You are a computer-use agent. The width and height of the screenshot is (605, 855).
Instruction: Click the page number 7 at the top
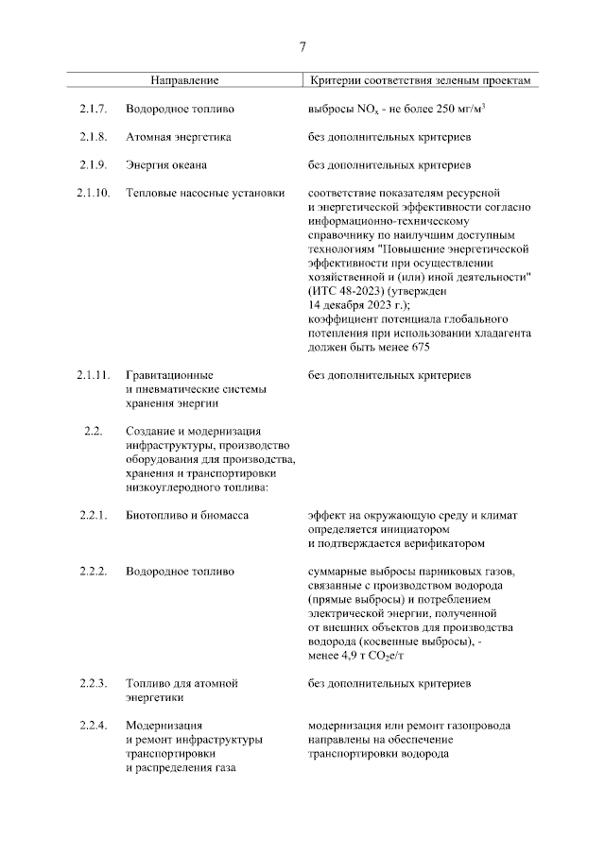point(302,47)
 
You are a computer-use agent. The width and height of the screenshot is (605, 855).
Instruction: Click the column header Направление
point(185,81)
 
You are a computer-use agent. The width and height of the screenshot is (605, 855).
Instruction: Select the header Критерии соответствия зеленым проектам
point(420,81)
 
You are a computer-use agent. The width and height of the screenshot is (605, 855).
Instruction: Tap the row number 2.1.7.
point(95,111)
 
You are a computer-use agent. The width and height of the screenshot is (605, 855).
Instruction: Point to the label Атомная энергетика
point(179,138)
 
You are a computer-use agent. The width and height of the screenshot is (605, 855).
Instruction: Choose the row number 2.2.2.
point(95,572)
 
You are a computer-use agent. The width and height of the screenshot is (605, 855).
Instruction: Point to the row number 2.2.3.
point(95,682)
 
